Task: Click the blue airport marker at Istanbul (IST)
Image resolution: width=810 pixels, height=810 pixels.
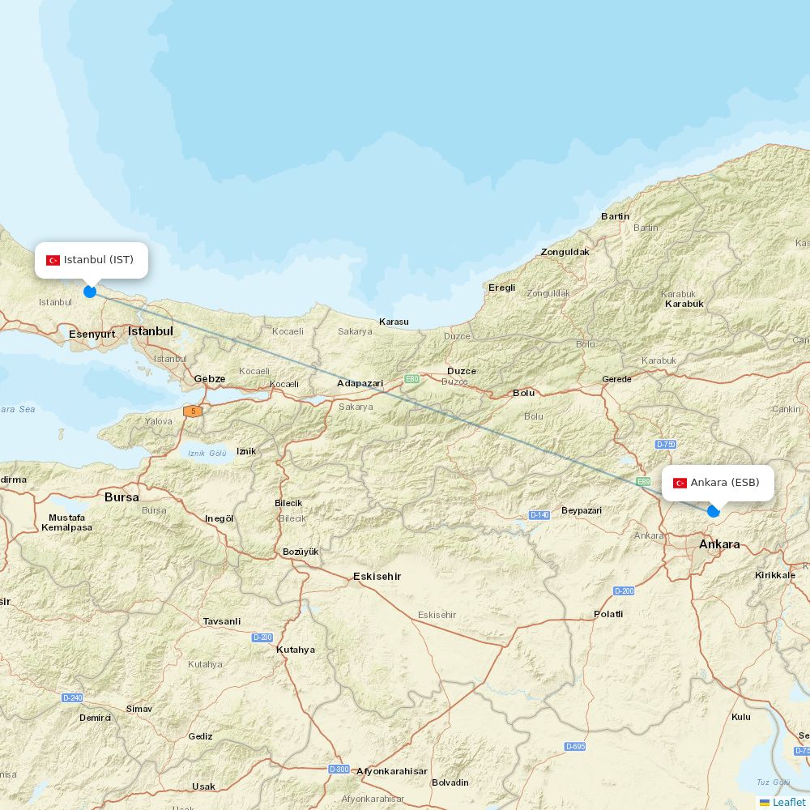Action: click(90, 292)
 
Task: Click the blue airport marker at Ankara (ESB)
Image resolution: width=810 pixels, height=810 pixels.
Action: click(714, 511)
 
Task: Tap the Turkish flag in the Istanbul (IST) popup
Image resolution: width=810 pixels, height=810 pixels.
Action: click(53, 260)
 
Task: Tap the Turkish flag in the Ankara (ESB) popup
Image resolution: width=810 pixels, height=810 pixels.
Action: click(680, 483)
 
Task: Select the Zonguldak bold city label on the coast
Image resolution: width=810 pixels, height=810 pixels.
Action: click(565, 252)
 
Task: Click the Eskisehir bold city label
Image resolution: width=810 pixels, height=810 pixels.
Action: click(377, 577)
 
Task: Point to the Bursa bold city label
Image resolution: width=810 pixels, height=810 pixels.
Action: click(122, 497)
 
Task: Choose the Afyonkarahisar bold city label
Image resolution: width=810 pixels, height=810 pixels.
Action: click(392, 771)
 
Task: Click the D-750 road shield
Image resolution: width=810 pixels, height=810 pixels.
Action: click(666, 445)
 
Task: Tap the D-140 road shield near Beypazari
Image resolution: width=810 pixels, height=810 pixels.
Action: click(539, 515)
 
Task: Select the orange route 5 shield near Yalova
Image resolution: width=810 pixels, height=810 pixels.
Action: click(193, 411)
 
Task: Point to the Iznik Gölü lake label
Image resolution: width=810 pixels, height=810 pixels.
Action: click(207, 453)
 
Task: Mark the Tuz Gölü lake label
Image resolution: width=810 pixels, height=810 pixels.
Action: click(773, 782)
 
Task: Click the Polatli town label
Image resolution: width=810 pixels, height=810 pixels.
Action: click(608, 614)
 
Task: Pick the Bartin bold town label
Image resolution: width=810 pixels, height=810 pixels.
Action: click(615, 216)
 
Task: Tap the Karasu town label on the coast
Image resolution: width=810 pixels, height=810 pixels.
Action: click(394, 322)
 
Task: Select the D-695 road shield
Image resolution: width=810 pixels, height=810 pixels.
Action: click(575, 746)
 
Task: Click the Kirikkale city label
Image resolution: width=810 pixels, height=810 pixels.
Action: click(774, 574)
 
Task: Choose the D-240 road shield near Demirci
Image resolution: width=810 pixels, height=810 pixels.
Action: click(72, 697)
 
